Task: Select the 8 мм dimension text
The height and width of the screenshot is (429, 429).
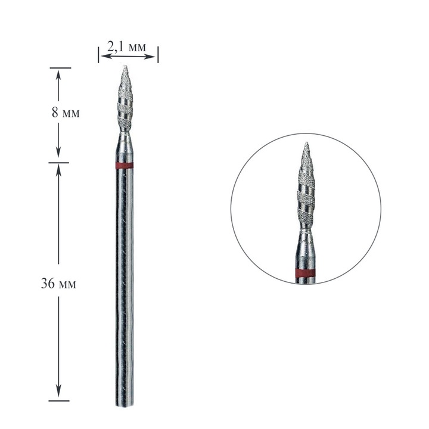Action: point(66,113)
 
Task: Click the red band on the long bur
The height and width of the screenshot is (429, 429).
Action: point(125,165)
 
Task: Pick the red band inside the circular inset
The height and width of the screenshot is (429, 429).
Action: point(305,273)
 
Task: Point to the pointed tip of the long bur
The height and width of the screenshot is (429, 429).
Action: point(125,67)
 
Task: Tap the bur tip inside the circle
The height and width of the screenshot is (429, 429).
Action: point(305,144)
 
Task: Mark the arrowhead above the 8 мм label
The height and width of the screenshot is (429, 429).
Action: point(58,73)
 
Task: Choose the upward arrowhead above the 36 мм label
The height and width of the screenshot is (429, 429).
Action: point(58,168)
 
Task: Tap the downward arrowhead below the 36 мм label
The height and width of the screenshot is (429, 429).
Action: point(58,394)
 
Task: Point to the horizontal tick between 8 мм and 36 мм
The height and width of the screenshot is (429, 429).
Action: point(58,162)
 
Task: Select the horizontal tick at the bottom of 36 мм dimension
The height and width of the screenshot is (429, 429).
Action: point(58,400)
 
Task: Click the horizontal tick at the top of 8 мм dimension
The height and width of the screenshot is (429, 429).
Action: point(58,68)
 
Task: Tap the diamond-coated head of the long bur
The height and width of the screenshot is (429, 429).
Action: point(125,101)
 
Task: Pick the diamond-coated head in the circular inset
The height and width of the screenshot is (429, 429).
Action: point(305,191)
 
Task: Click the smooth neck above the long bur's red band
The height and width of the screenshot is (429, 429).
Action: point(125,146)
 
